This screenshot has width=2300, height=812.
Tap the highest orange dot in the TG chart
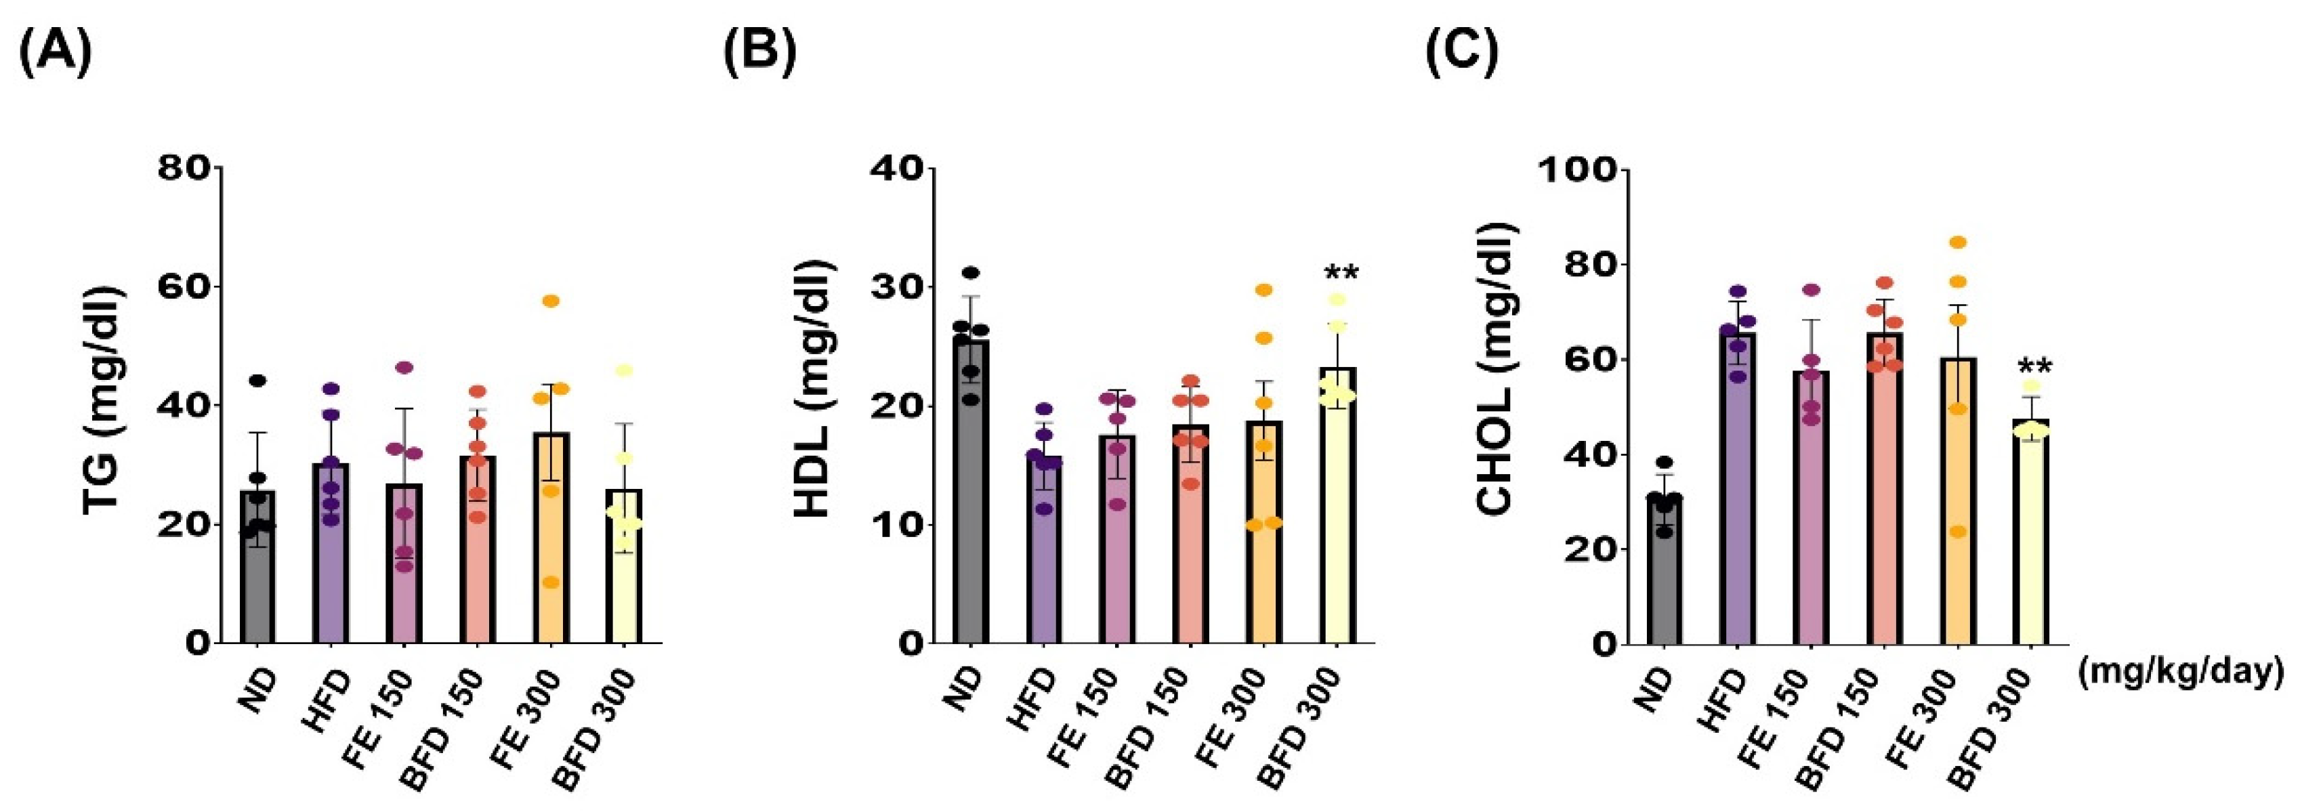(551, 301)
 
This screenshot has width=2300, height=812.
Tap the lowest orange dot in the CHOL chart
(1952, 532)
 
